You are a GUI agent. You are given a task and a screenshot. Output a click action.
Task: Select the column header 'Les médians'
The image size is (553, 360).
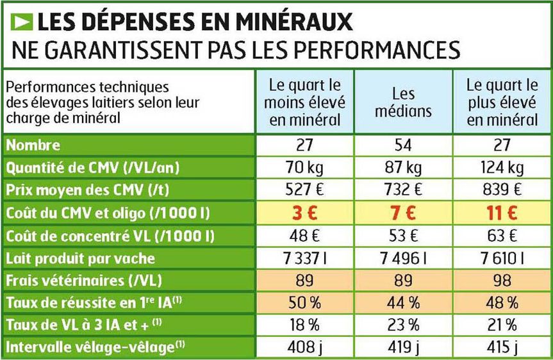point(404,102)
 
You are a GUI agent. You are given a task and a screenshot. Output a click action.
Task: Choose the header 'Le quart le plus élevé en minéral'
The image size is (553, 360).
point(502,102)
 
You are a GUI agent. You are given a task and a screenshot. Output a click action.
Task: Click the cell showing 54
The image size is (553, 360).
point(404,145)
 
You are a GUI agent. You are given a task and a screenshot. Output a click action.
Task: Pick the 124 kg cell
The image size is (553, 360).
point(502,168)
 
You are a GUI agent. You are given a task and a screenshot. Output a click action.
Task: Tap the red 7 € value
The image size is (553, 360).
point(404,213)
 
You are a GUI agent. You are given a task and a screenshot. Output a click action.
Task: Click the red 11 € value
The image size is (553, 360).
point(502,213)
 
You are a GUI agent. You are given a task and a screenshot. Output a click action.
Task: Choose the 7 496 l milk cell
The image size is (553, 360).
point(404,258)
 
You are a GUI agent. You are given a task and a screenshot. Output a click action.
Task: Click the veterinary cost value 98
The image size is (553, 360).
point(502,281)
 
